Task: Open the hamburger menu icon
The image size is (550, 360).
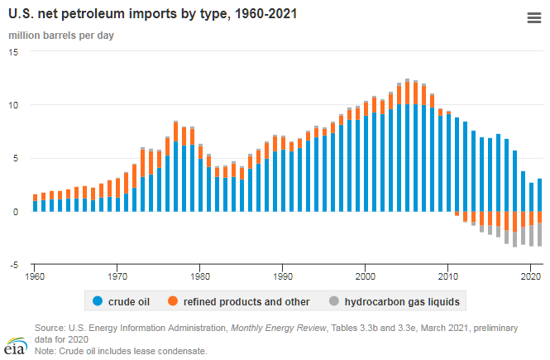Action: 533,18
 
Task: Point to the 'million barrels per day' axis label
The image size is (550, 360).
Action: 61,36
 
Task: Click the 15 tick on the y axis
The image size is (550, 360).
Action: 13,51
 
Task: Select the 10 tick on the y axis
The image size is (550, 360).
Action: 13,105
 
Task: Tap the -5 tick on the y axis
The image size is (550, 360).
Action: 13,265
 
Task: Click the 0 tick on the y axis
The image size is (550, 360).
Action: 17,212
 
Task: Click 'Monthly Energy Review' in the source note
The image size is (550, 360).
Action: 280,328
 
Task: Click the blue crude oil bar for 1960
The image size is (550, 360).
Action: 35,206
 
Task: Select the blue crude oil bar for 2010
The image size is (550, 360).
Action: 448,162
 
